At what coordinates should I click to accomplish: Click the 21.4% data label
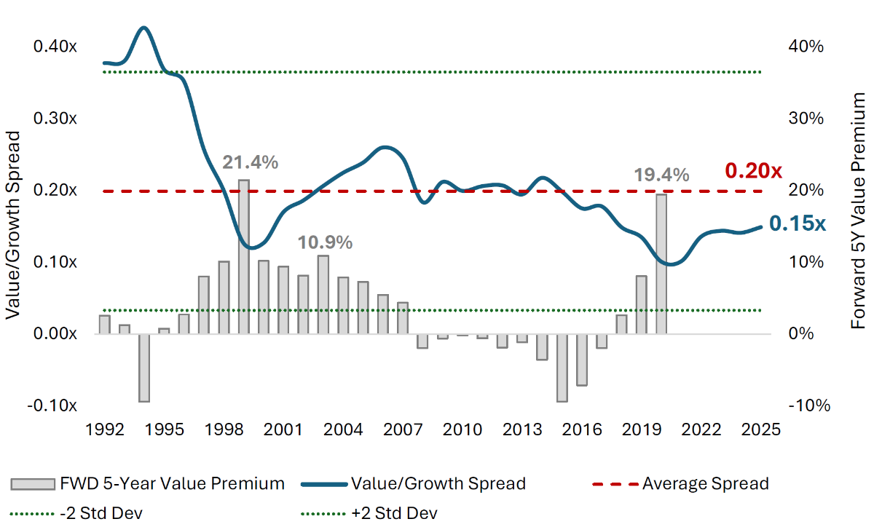click(250, 162)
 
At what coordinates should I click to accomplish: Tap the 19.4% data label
click(661, 175)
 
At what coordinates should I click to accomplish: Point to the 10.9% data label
click(325, 242)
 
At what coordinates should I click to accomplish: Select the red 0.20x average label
click(753, 171)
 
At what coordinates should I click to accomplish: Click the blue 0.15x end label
click(798, 223)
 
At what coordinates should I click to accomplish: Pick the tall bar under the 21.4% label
click(244, 257)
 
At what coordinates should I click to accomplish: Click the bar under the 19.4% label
click(661, 264)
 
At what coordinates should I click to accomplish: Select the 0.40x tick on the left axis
click(55, 47)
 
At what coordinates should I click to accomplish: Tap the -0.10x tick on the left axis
click(52, 405)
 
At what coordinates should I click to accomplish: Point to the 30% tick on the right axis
click(806, 118)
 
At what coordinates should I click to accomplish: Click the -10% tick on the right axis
click(809, 405)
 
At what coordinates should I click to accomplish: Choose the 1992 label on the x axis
click(105, 430)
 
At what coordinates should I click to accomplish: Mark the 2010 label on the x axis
click(462, 430)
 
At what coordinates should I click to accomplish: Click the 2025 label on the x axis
click(761, 430)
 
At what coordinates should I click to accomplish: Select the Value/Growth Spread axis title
click(12, 225)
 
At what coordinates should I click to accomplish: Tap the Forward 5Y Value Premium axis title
click(858, 211)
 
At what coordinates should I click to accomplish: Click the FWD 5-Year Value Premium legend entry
click(148, 484)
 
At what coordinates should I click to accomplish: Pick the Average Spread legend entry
click(680, 484)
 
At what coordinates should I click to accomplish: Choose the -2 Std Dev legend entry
click(76, 513)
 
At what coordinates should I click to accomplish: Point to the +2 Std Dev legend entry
click(369, 513)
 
